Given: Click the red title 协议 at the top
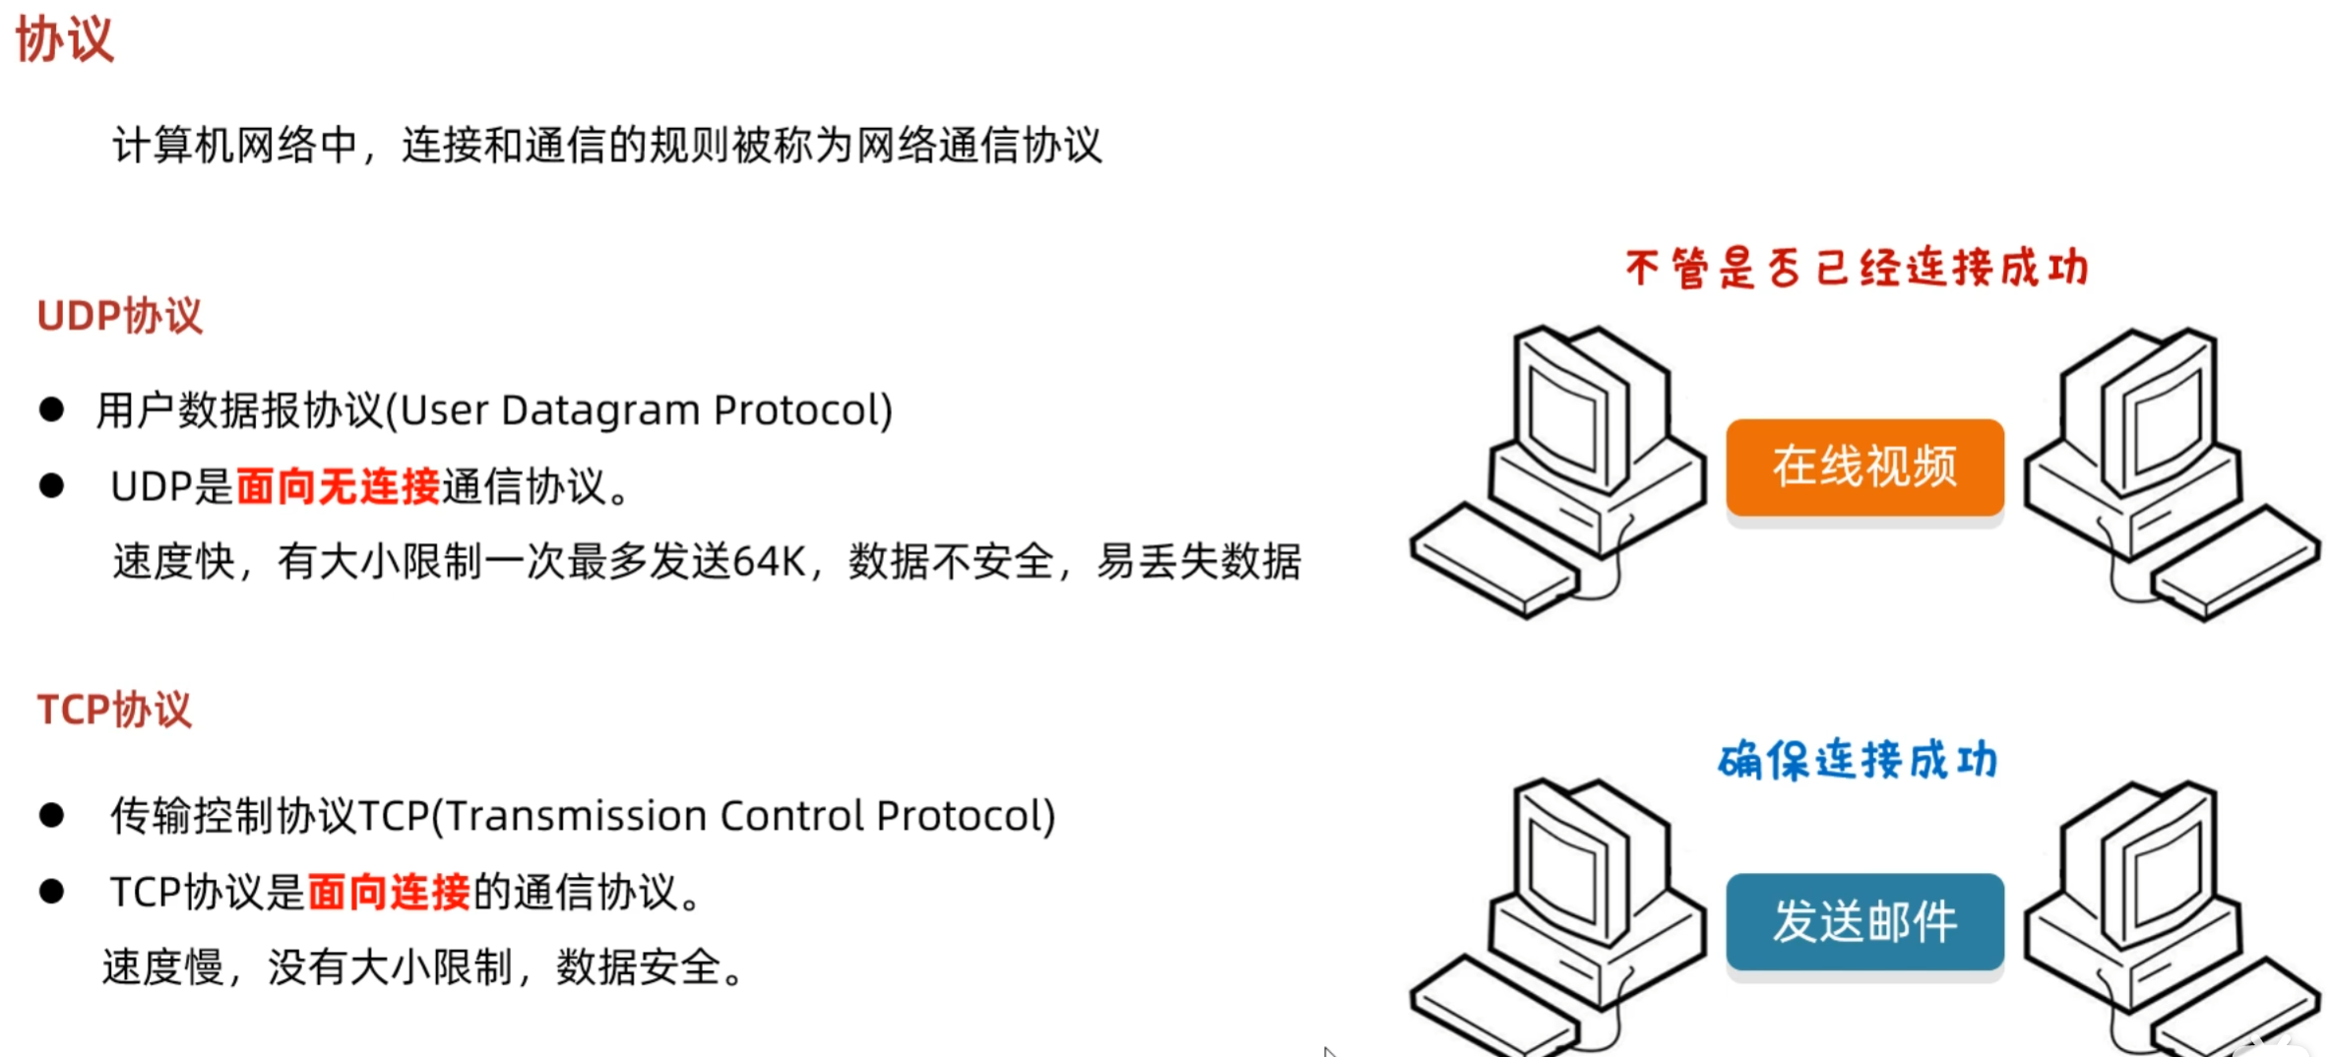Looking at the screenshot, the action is click(x=65, y=40).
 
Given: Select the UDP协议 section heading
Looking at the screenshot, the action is click(x=119, y=317).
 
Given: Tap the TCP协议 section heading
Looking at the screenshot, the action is click(x=114, y=710).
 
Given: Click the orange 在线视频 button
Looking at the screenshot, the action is click(x=1864, y=467).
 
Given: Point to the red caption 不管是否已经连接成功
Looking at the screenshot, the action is click(x=1857, y=268).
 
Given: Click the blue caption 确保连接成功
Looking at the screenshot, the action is click(x=1858, y=760).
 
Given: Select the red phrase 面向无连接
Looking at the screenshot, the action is click(x=338, y=486).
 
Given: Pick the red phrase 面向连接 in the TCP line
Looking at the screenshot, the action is click(x=389, y=893).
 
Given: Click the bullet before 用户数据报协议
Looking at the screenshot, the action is click(x=51, y=409).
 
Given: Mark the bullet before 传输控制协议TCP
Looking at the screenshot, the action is click(x=51, y=815).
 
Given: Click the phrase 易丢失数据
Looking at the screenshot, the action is click(x=1199, y=562).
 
